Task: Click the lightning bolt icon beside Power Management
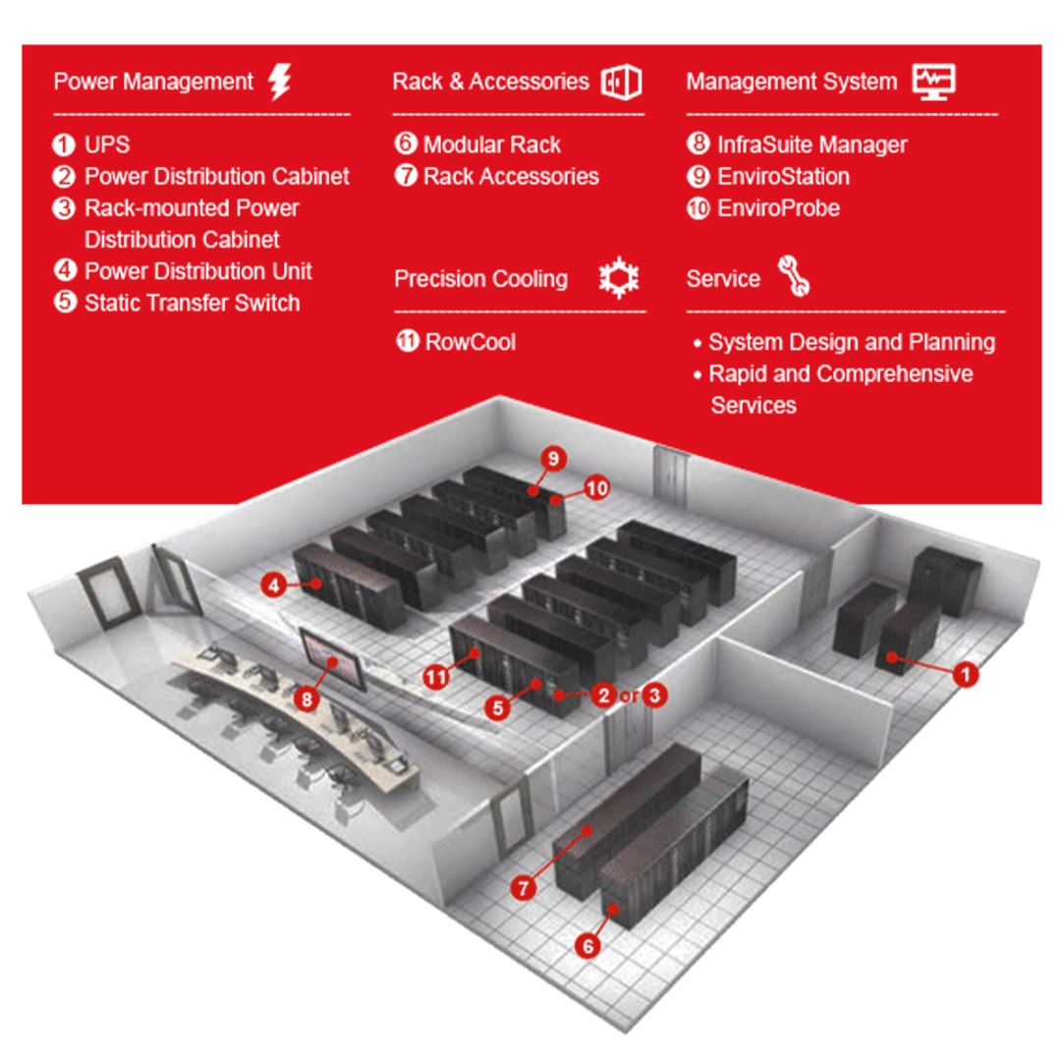click(280, 82)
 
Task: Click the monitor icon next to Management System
click(933, 82)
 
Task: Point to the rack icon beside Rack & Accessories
click(621, 82)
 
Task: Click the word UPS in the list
click(107, 145)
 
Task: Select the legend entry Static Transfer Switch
click(192, 303)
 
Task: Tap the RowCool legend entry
click(470, 342)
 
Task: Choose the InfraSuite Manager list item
click(811, 145)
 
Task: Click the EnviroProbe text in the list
click(778, 208)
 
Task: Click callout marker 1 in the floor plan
click(967, 675)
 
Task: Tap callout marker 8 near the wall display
click(307, 699)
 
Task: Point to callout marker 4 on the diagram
click(274, 586)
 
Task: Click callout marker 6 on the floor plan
click(587, 946)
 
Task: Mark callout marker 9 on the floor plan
click(553, 458)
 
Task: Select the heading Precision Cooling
click(480, 279)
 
